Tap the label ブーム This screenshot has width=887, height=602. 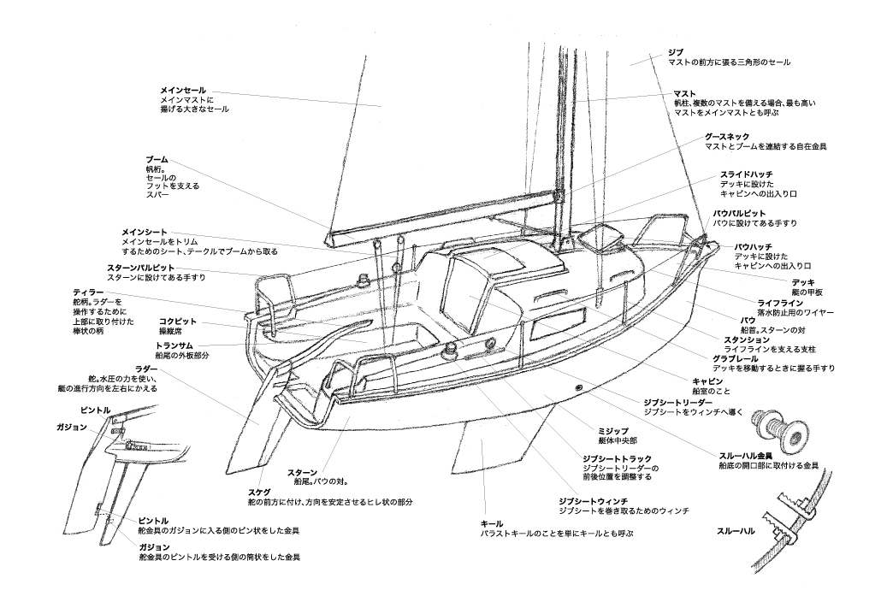tap(157, 160)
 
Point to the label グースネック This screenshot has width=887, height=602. tap(727, 136)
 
